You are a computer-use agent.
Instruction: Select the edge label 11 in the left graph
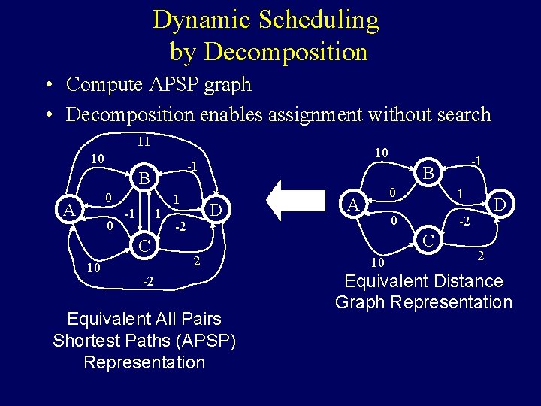tap(144, 141)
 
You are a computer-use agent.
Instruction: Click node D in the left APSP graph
tap(216, 208)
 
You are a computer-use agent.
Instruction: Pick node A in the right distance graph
tap(352, 205)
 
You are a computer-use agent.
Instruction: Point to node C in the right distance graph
tap(427, 241)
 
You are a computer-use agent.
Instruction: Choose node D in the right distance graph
tap(499, 204)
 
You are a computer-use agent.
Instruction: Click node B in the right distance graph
tap(427, 174)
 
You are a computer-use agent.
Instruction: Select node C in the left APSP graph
tap(145, 244)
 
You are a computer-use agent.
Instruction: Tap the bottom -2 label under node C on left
tap(148, 281)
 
